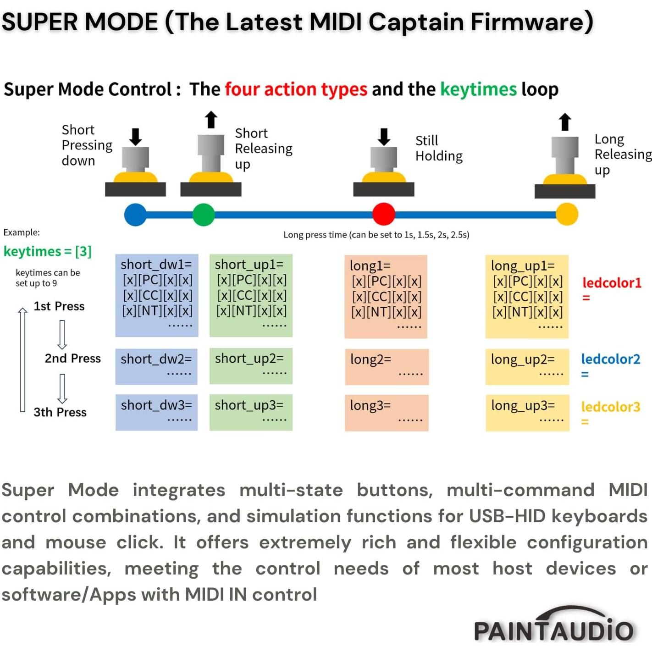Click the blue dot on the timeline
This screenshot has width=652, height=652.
pyautogui.click(x=135, y=215)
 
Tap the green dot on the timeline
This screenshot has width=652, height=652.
pyautogui.click(x=204, y=215)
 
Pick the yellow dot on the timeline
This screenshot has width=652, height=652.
pyautogui.click(x=567, y=214)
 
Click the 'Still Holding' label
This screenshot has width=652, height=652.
pyautogui.click(x=439, y=148)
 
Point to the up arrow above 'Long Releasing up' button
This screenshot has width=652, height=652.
pyautogui.click(x=565, y=122)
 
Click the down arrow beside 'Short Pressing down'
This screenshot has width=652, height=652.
pyautogui.click(x=135, y=137)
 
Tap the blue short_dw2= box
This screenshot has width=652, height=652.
pyautogui.click(x=156, y=366)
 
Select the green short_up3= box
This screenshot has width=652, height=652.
pyautogui.click(x=251, y=412)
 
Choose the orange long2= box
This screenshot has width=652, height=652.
pyautogui.click(x=387, y=366)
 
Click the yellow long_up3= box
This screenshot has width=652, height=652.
pyautogui.click(x=527, y=412)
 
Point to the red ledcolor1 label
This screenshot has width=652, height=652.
pyautogui.click(x=612, y=283)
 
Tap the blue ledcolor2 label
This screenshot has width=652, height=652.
pyautogui.click(x=610, y=359)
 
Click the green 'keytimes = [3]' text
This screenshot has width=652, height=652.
pyautogui.click(x=48, y=251)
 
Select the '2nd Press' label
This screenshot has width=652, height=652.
pyautogui.click(x=72, y=358)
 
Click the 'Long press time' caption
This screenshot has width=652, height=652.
pyautogui.click(x=376, y=235)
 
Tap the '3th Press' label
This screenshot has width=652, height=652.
pyautogui.click(x=60, y=412)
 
